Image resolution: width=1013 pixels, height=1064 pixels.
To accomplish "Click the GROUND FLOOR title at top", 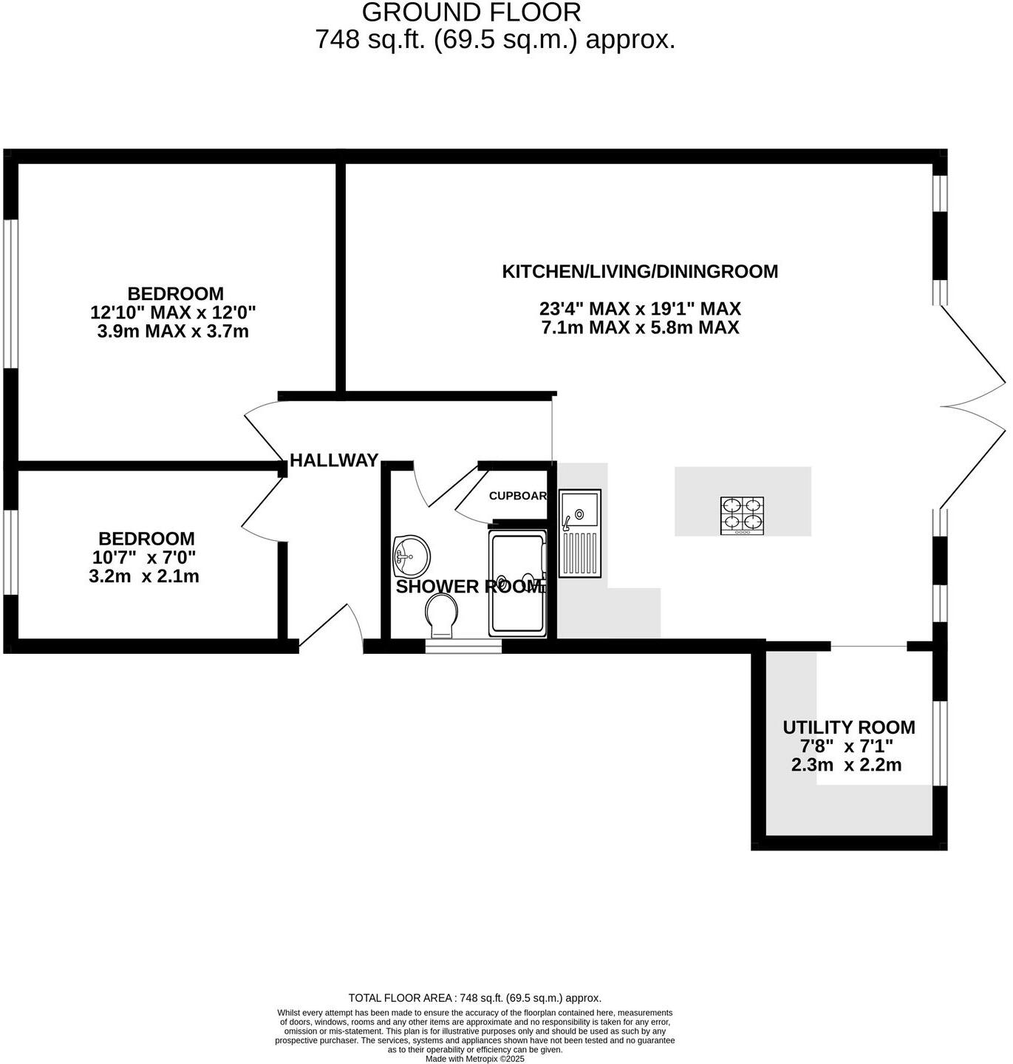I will [x=471, y=13].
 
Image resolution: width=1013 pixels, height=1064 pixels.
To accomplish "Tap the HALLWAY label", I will [x=334, y=460].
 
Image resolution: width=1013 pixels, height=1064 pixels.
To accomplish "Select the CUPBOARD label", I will [x=518, y=496].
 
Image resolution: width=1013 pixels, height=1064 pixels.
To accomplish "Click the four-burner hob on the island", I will [x=742, y=515].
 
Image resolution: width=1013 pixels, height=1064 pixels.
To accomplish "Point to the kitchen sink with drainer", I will [x=580, y=533].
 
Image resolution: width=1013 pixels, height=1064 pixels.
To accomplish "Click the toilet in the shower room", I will [x=442, y=617].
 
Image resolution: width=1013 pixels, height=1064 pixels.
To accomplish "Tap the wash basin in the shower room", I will [x=412, y=556].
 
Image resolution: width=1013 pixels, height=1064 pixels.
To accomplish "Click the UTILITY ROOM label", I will [x=848, y=728].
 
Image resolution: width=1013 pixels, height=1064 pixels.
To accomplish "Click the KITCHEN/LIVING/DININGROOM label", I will [x=640, y=271].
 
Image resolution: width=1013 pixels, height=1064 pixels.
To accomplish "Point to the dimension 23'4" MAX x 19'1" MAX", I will [x=640, y=309].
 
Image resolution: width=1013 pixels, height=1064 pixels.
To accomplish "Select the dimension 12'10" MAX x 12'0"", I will [x=173, y=313].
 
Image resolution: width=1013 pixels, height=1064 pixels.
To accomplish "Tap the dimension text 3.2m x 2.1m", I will [x=144, y=576].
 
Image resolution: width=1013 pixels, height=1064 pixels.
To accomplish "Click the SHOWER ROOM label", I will [x=469, y=587].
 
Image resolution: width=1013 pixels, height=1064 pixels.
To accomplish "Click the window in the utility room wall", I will [x=939, y=743].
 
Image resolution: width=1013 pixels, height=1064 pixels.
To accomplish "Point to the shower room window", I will [x=463, y=647].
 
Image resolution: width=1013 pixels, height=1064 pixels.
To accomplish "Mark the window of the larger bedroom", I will [x=10, y=293].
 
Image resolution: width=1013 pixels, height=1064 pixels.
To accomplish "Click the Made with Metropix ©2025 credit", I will [x=475, y=1059].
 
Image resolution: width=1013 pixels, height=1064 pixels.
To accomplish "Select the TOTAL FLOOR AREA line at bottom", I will [x=474, y=997].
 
